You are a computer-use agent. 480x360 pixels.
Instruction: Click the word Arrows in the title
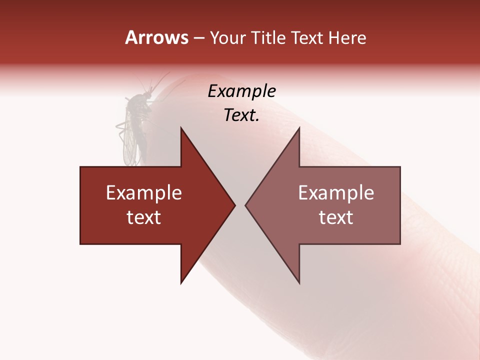tap(156, 37)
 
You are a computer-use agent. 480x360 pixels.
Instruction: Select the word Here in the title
tap(347, 37)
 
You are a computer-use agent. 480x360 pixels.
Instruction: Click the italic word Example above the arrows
tap(241, 91)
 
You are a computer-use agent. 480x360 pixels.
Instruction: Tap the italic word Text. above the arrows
tap(241, 115)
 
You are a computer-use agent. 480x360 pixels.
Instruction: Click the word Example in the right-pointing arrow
tap(144, 193)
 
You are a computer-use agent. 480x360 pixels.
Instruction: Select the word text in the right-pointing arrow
tap(144, 217)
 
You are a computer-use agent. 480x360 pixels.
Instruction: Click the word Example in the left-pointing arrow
tap(336, 193)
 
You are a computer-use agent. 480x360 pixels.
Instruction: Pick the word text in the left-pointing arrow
tap(336, 217)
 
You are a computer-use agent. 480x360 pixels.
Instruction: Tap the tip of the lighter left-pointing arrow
tap(246, 205)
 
